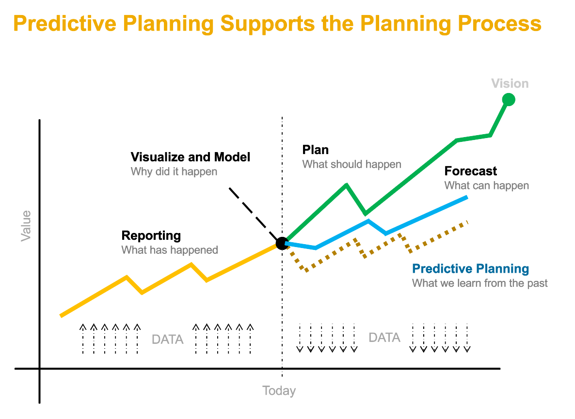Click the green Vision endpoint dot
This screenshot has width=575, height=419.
click(508, 99)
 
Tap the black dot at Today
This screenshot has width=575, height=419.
click(282, 243)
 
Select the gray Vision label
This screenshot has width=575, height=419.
click(510, 83)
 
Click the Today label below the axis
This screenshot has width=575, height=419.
click(279, 391)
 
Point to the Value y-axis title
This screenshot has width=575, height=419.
click(26, 226)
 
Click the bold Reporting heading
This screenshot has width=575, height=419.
click(151, 236)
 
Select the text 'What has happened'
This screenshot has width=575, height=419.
click(169, 250)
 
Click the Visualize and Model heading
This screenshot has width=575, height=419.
click(191, 157)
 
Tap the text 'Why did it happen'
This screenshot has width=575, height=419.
click(174, 171)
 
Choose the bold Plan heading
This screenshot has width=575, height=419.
click(316, 150)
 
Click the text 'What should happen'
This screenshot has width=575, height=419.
click(351, 164)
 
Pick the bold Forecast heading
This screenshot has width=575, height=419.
click(470, 171)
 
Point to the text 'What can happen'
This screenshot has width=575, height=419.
click(486, 186)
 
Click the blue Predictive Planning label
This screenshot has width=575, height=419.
click(470, 269)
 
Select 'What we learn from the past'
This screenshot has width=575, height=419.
click(479, 283)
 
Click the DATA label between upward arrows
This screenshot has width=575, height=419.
click(168, 339)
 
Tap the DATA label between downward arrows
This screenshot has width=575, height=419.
click(384, 337)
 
